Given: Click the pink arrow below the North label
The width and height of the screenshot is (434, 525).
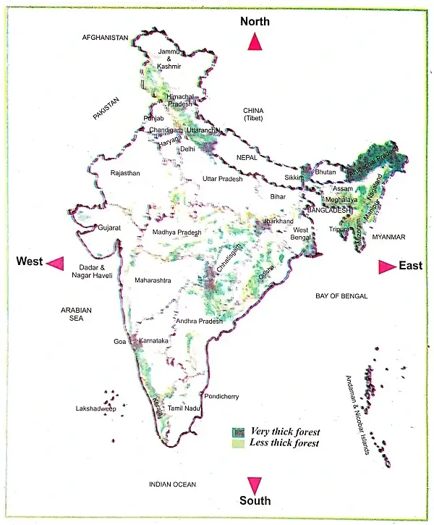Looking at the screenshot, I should coord(255,42).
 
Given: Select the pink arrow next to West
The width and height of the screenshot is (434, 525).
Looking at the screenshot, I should coord(55,262).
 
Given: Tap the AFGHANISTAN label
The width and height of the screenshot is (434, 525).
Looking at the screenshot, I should coord(105,37).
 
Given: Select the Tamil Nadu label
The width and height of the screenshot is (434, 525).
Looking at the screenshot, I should coord(182,409).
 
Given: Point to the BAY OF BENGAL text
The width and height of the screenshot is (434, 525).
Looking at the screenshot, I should coord(341,296).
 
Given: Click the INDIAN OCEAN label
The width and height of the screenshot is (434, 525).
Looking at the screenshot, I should coord(172,484).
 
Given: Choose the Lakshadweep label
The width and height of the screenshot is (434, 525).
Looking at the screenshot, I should coord(96,408).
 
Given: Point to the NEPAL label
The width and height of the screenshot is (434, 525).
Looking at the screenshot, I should coord(247,157).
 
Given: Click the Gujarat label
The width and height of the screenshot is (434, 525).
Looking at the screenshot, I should coord(110,227).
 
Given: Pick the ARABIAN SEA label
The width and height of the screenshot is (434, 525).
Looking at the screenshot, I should coord(77,314).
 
